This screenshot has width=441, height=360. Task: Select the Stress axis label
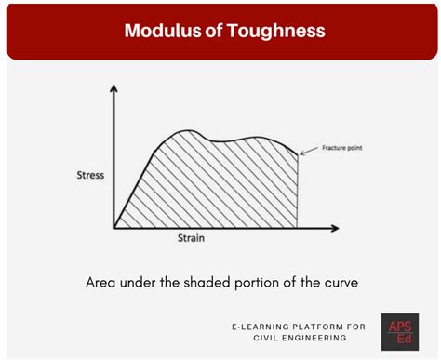pos(91,175)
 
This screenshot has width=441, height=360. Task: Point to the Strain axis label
pos(191,238)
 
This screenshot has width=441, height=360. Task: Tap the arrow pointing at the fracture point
pos(311,151)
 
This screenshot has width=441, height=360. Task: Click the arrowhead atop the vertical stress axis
pos(114,89)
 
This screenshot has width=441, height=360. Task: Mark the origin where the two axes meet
pos(114,227)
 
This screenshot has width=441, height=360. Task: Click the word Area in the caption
pos(104,280)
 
